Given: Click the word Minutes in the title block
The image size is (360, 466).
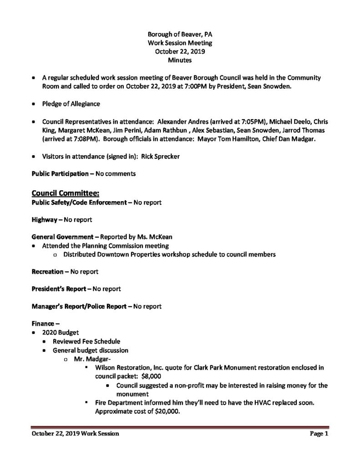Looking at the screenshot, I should [179, 60].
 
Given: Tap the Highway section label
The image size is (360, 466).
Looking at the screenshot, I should [44, 219].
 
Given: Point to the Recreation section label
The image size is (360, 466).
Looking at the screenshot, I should [47, 271].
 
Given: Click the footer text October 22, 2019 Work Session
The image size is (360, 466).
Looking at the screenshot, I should [75, 434].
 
